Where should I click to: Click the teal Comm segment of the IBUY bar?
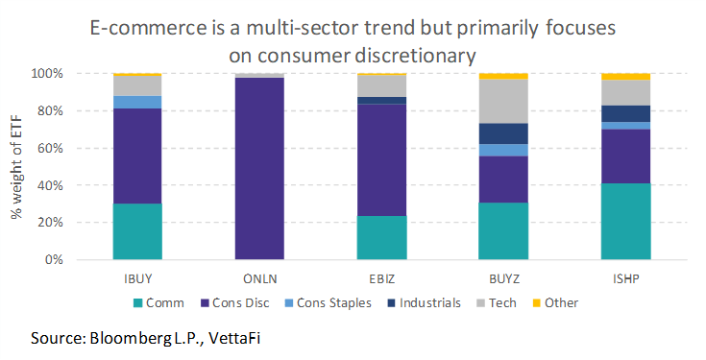[x=136, y=231]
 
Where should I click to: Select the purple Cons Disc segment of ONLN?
[x=258, y=169]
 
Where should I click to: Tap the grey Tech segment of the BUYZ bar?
[x=502, y=101]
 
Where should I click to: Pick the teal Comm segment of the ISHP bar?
[x=625, y=222]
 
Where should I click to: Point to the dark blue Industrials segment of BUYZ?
[x=502, y=133]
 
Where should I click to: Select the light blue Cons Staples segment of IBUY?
[x=136, y=102]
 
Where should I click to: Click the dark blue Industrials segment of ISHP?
[x=625, y=113]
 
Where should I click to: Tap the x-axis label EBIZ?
[x=380, y=277]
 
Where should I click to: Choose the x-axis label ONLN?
[x=258, y=277]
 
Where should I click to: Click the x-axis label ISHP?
[x=625, y=277]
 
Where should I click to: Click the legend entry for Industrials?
[x=426, y=302]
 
